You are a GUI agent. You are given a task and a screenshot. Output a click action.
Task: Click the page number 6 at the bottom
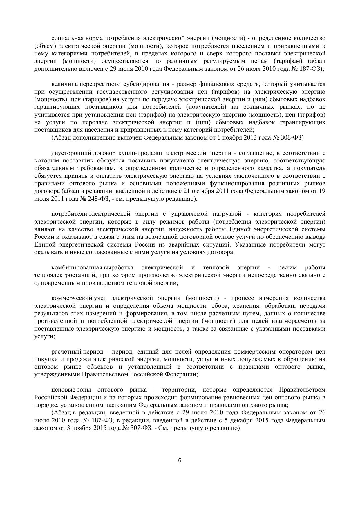180,460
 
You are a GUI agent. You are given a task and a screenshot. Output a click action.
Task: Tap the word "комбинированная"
77,267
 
